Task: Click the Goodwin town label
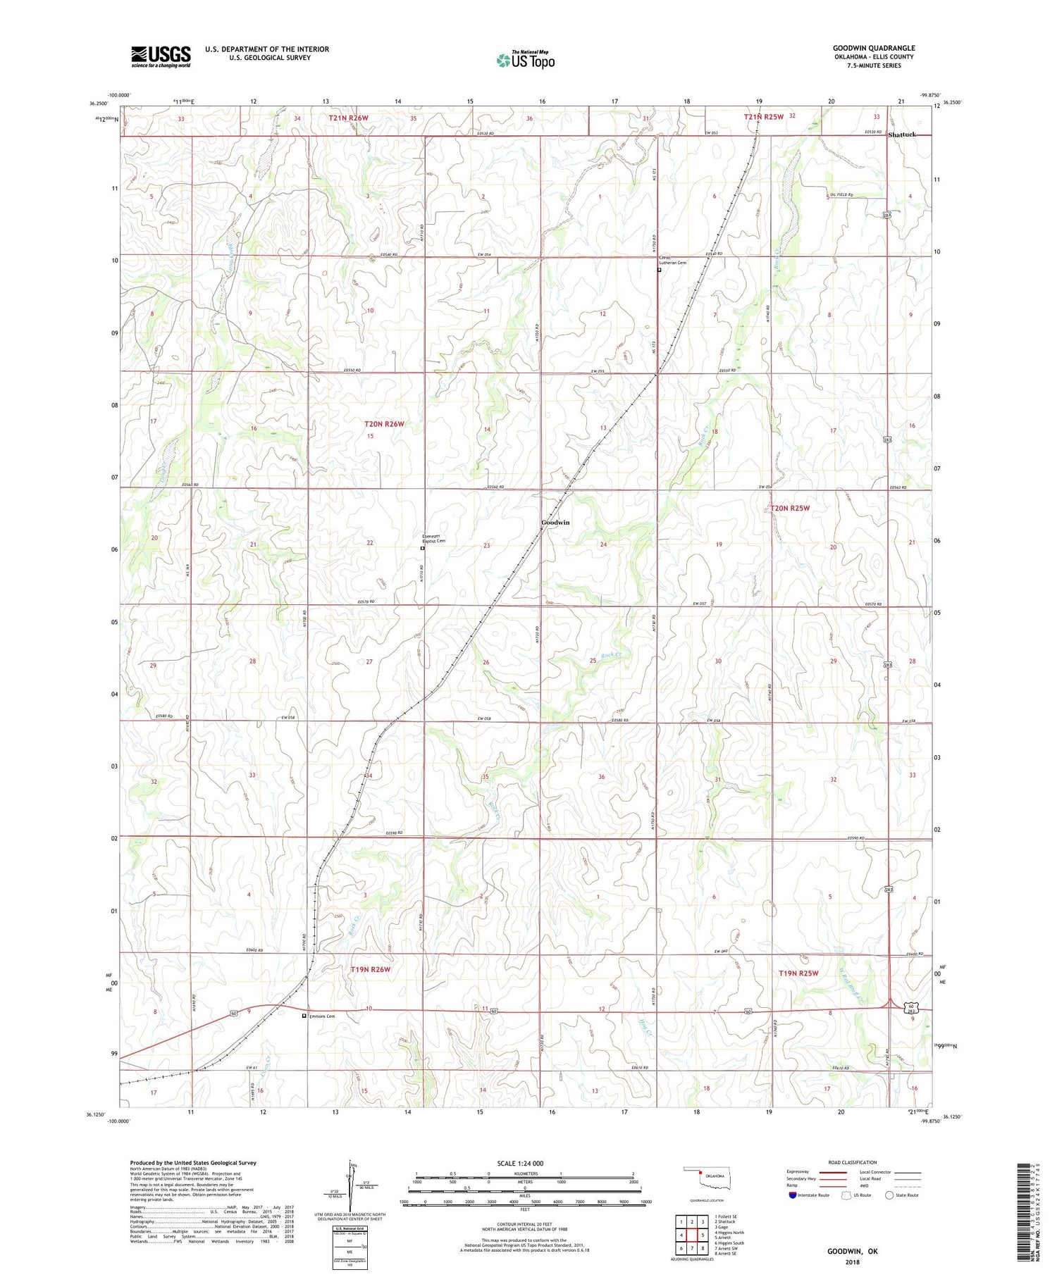[555, 523]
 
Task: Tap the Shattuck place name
[902, 134]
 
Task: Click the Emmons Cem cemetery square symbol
[304, 1016]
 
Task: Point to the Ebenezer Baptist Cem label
[434, 539]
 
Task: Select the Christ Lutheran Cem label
[672, 260]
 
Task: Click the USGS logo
[161, 56]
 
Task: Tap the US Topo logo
[525, 61]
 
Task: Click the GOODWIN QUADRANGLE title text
[873, 48]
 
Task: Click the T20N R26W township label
[384, 424]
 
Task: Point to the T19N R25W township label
[798, 973]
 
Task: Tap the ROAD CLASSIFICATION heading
[853, 1162]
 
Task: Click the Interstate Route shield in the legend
[792, 1195]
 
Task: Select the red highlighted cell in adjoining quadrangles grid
[703, 1234]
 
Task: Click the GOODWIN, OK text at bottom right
[852, 1252]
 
